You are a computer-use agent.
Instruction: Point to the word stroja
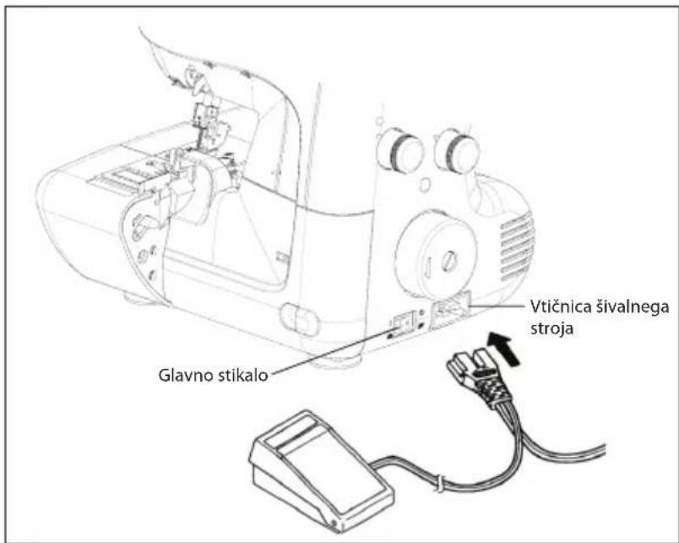tap(552, 329)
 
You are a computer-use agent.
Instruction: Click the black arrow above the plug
tap(503, 349)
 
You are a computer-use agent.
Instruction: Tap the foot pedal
tap(321, 470)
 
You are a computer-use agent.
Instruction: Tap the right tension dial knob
tap(457, 149)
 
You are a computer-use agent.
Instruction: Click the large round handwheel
tap(437, 256)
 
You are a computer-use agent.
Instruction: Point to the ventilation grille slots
tap(517, 246)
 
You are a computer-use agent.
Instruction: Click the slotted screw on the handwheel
tap(448, 261)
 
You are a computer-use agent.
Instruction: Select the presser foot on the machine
tap(172, 171)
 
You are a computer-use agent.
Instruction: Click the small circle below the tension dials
tap(426, 185)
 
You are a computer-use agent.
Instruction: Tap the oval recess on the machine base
tap(299, 320)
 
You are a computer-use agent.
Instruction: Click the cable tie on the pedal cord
tap(438, 483)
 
